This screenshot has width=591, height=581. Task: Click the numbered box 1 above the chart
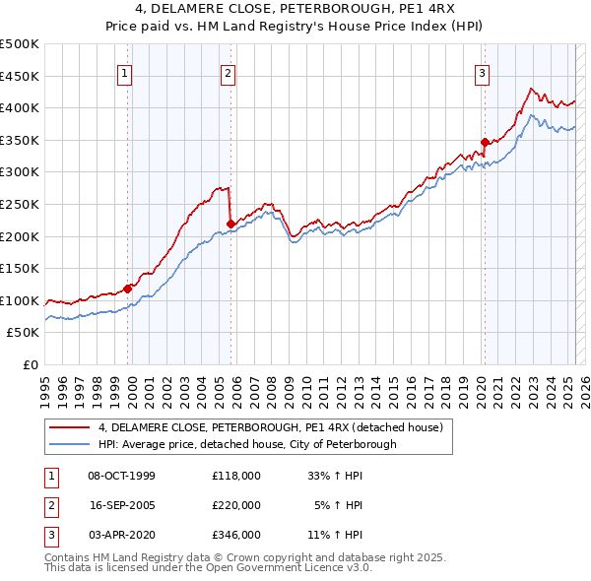click(126, 73)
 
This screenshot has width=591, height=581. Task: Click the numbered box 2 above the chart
click(228, 73)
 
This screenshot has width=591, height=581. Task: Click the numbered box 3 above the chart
click(483, 73)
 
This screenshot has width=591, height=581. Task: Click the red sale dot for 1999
click(128, 289)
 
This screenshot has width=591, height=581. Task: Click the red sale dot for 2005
click(230, 224)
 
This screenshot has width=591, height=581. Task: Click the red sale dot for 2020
click(485, 143)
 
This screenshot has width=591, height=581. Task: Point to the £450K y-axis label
click(20, 76)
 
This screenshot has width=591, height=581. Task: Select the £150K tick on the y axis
click(20, 268)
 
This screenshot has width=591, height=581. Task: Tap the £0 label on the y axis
click(31, 364)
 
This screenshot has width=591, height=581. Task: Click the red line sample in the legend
click(69, 427)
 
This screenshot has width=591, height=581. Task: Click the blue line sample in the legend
click(69, 444)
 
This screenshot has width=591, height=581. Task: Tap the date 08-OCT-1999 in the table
click(122, 476)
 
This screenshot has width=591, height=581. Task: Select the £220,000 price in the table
click(236, 505)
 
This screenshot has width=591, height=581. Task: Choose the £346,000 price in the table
click(236, 535)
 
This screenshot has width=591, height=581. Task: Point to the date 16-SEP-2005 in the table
click(122, 505)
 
